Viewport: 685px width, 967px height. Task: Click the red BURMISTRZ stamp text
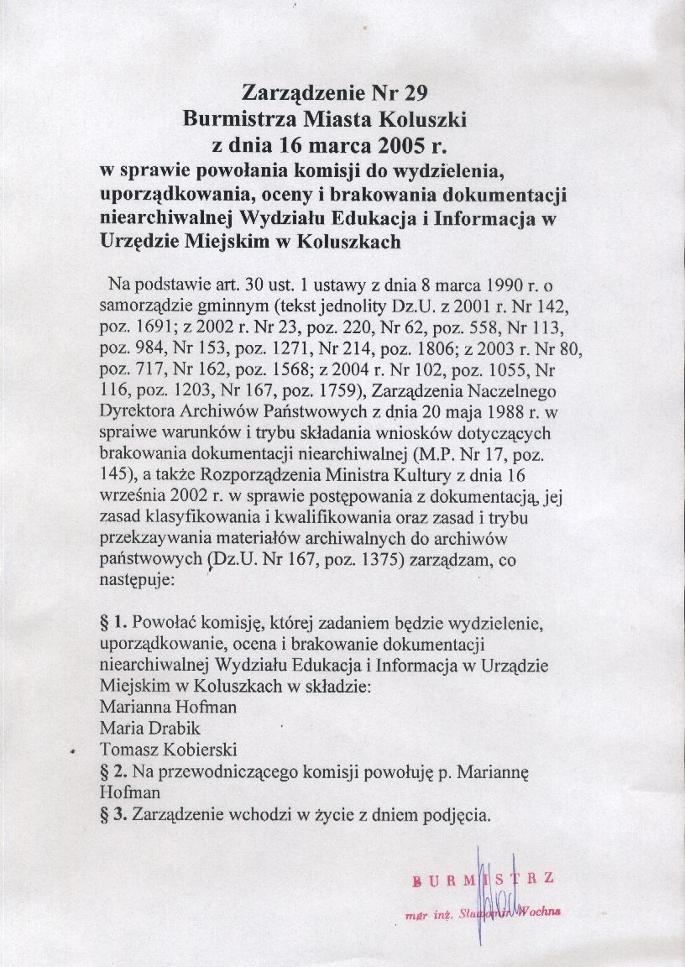[484, 881]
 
